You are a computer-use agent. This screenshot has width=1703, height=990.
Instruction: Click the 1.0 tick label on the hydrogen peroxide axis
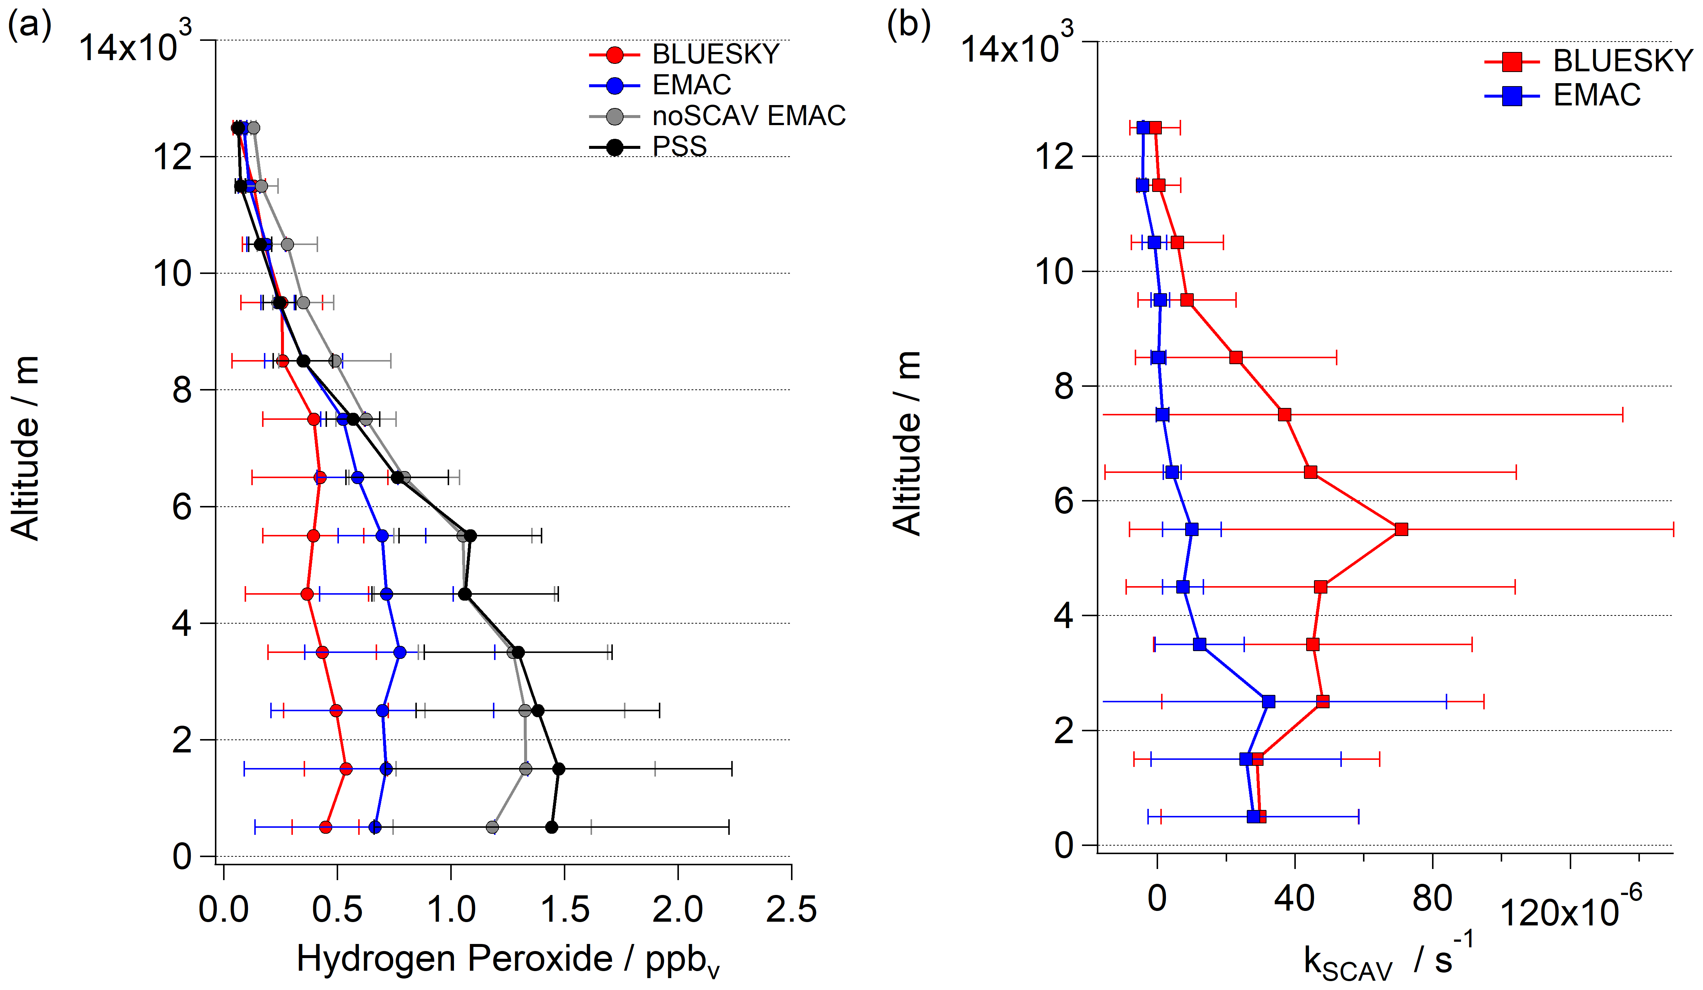[451, 909]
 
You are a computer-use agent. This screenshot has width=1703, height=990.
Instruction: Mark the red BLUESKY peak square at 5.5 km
[1401, 529]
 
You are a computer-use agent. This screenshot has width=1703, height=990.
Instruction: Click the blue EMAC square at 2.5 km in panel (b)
[1268, 702]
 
